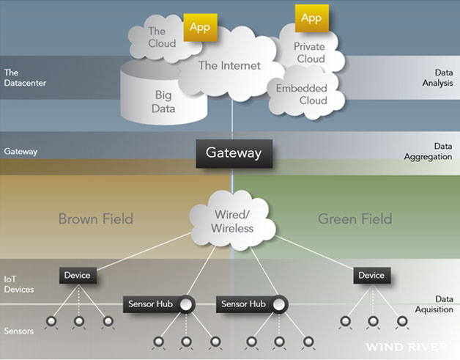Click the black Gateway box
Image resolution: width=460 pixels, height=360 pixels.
coord(233,153)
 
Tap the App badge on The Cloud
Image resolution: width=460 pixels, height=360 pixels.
coord(199,27)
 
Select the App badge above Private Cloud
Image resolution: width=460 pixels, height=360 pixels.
coord(311,18)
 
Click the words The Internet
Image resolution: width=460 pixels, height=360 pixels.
coord(229,65)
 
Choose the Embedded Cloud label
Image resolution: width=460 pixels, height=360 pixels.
coord(301,95)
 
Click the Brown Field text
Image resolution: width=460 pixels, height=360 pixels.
coord(95,218)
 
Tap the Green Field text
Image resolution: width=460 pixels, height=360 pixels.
coord(355,218)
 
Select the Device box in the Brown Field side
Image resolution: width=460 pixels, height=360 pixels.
coord(77,276)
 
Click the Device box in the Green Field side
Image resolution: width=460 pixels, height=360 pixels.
coord(371,276)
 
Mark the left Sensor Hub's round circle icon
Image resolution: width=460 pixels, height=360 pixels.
coord(187,304)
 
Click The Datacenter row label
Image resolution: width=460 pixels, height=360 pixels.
coord(26,78)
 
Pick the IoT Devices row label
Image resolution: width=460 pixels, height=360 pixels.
coord(19,284)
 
